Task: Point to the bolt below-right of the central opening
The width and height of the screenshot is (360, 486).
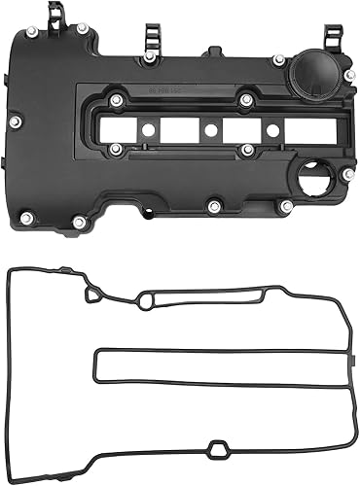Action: coord(248,151)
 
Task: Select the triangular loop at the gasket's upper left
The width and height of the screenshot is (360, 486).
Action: coord(93,288)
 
